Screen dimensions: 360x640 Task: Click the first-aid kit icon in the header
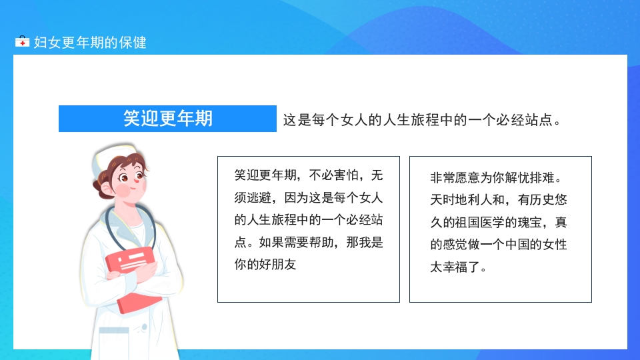[x=22, y=42]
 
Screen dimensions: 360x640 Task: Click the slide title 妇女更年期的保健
[x=90, y=43]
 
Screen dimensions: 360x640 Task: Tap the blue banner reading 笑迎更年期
[x=167, y=119]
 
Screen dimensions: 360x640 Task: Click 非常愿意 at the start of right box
[x=453, y=179]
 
